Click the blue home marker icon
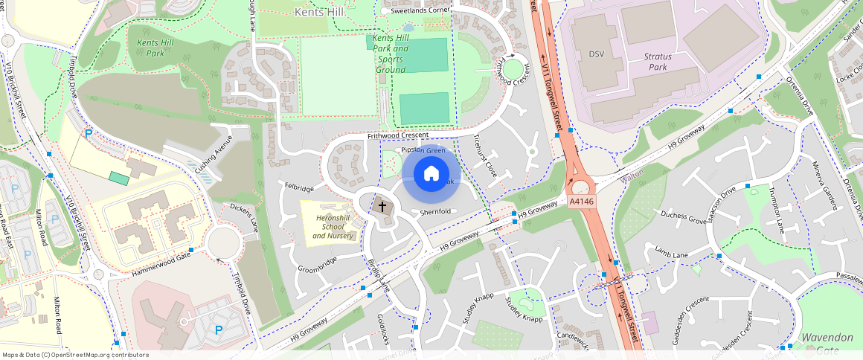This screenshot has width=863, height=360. click(431, 174)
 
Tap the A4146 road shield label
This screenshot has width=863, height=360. click(582, 201)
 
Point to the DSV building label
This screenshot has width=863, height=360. click(597, 54)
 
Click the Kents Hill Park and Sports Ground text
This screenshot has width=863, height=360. click(391, 54)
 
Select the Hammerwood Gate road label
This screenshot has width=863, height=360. click(161, 264)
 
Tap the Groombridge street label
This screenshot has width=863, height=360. click(317, 264)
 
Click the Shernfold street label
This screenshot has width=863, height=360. click(436, 212)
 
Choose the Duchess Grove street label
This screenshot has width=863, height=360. click(683, 219)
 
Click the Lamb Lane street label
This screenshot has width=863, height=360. click(672, 254)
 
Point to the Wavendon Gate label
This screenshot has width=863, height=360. click(827, 343)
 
